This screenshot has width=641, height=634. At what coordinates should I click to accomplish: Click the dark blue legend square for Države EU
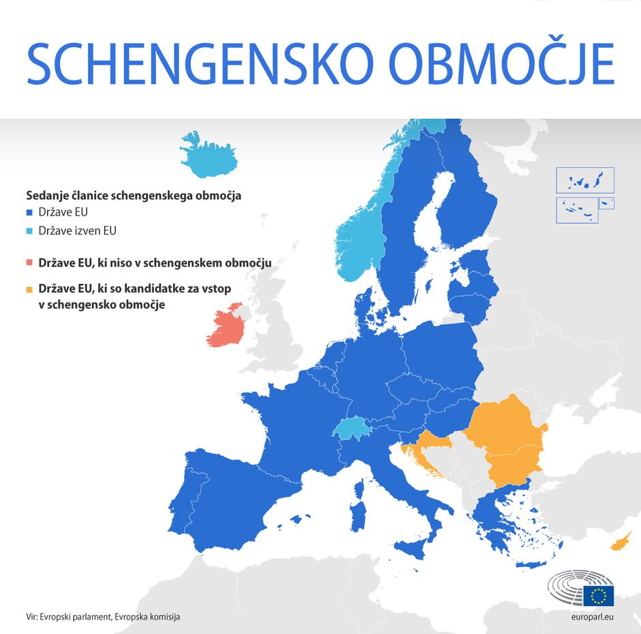pos(29,213)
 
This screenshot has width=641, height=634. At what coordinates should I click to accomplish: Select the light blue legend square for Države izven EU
pos(29,231)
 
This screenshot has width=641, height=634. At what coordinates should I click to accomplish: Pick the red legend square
pos(29,263)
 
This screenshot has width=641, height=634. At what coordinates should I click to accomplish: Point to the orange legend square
pos(29,289)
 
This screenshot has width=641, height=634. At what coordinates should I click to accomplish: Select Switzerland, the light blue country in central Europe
pos(351,428)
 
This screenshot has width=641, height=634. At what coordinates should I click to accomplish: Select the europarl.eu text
pos(593,616)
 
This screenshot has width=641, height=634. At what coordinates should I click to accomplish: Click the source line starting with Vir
pos(103,616)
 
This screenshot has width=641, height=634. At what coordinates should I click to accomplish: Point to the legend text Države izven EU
pos(77,231)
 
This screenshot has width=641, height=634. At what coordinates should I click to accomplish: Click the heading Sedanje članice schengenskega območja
pos(134,195)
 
